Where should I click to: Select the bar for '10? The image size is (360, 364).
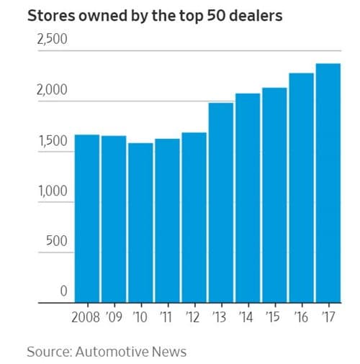140,223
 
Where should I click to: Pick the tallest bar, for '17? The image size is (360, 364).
328,183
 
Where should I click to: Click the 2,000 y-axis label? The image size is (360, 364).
52,91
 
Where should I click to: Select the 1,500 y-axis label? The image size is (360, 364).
52,141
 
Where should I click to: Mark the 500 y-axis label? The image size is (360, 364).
56,242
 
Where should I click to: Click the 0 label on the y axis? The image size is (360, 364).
63,292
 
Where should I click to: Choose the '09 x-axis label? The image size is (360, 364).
114,317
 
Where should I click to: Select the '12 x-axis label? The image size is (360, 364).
194,317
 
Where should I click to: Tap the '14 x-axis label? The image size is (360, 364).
247,317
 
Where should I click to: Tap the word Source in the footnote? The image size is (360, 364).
48,351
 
